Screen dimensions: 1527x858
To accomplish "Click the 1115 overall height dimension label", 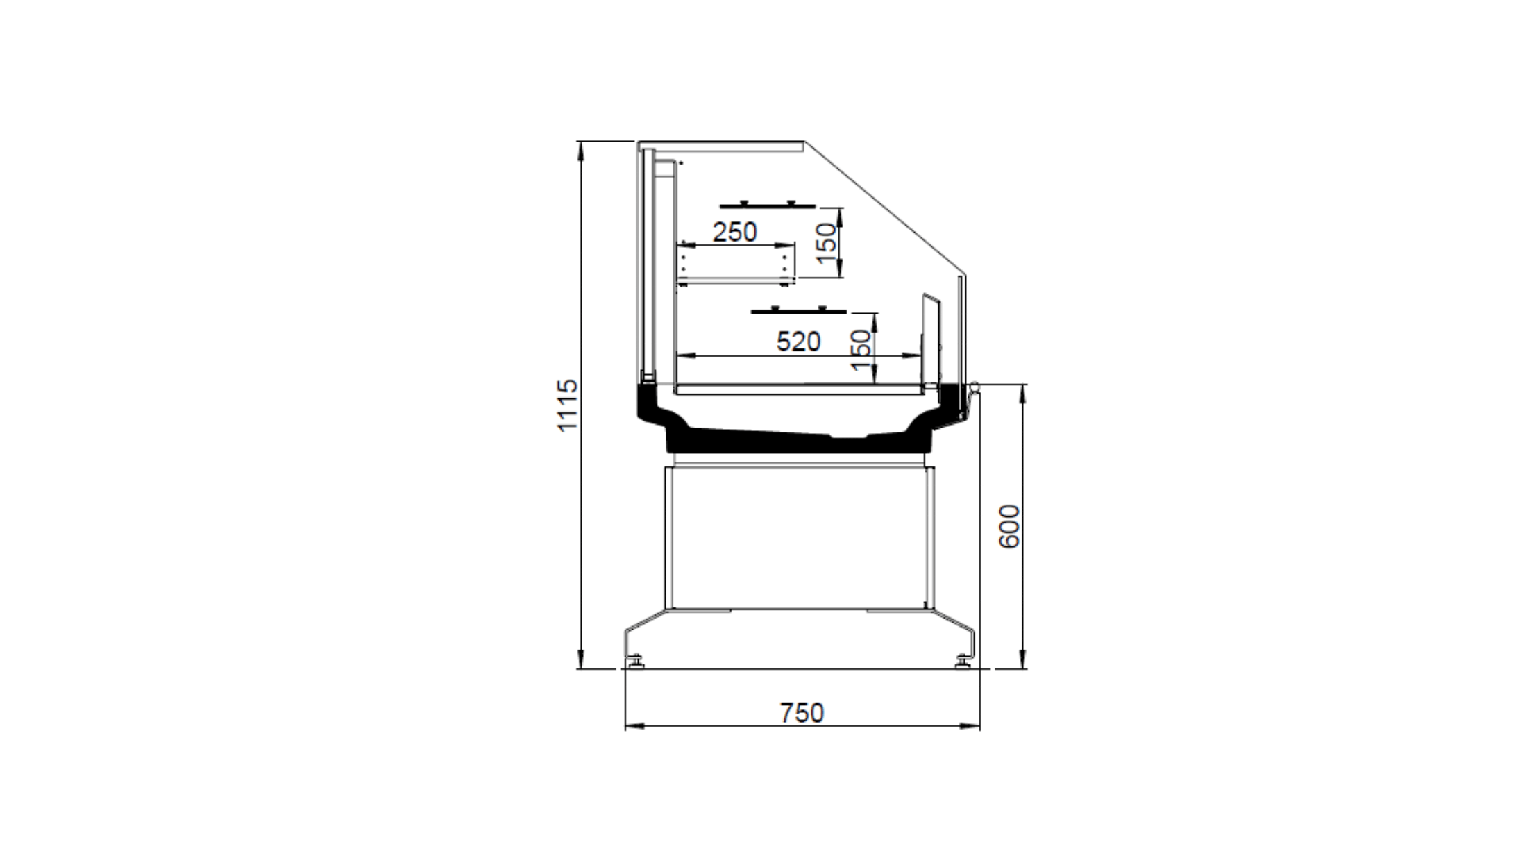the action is pos(568,405).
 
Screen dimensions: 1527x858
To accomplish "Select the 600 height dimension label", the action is pos(1009,526).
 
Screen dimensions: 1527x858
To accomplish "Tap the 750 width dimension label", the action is pos(802,713).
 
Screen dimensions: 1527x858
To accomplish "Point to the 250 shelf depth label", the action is pos(734,232).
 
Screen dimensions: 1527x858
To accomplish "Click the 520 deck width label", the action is pos(798,342).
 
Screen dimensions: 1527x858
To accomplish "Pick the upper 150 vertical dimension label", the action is pos(826,243).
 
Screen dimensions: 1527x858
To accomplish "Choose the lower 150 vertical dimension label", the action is pos(860,350).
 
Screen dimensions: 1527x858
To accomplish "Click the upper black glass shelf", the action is pos(768,205).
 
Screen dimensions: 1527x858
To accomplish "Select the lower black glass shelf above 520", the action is pos(799,310).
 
